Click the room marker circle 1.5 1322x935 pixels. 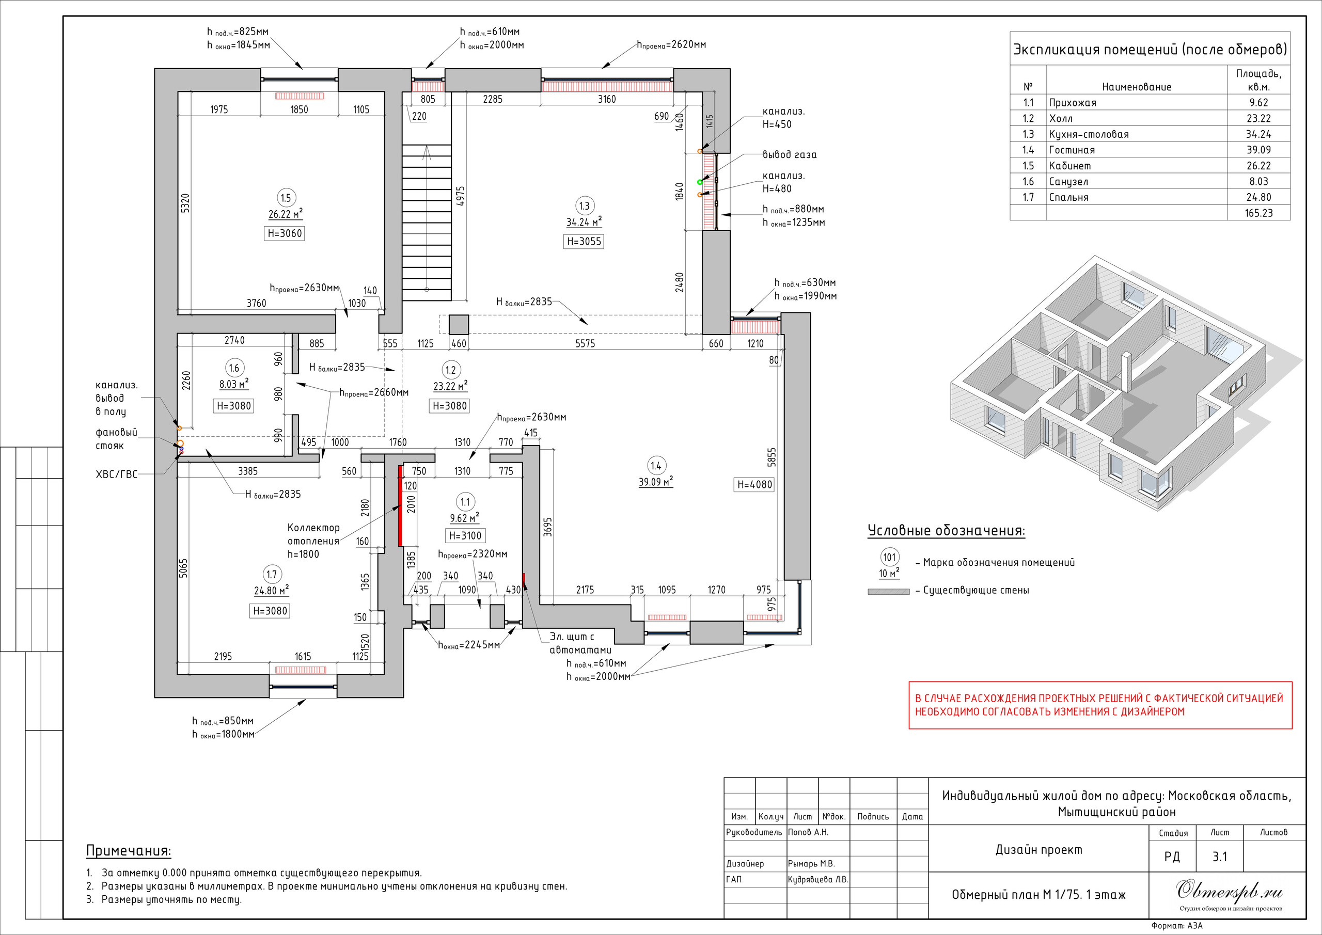[286, 198]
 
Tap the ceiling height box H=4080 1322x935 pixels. [754, 485]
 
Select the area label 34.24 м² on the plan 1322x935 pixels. [584, 222]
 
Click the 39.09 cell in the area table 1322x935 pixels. [1258, 150]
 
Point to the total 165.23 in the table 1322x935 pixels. [1258, 213]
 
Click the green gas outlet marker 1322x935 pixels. [700, 181]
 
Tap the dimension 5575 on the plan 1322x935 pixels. [585, 344]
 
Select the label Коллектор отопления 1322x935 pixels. [314, 534]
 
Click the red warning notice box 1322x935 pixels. [1100, 705]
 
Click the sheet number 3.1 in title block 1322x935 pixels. [1220, 856]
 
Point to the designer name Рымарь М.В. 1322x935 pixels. [811, 864]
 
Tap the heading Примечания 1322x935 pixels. [129, 851]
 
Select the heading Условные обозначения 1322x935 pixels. [946, 530]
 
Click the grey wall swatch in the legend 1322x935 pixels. [888, 591]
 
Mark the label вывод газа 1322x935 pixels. [790, 155]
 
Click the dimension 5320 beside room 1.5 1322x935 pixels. [185, 203]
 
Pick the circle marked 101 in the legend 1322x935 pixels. [890, 557]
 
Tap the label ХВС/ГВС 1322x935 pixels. [116, 474]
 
